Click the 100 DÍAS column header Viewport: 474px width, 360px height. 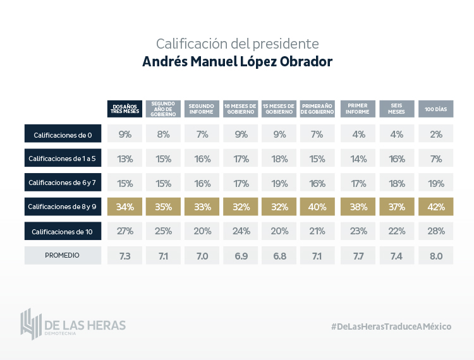tap(436, 109)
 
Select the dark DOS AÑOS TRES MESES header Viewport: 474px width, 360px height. tap(125, 109)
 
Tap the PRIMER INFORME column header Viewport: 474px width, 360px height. tap(358, 109)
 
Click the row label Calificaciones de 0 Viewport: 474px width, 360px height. tap(63, 135)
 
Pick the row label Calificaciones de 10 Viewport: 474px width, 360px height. tap(63, 232)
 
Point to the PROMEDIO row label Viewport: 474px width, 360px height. tap(63, 256)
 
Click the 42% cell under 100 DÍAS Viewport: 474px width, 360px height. tap(436, 207)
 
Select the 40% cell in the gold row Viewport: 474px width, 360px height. tap(317, 207)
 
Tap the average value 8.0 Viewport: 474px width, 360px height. tap(436, 256)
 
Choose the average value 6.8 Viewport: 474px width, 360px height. tap(279, 256)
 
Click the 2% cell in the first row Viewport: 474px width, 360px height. tap(436, 135)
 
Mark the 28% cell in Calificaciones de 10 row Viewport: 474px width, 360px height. tap(436, 232)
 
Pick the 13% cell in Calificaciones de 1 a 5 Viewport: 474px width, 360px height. tap(125, 159)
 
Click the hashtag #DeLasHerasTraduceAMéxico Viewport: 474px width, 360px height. tap(391, 326)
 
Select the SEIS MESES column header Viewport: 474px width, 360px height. tap(398, 109)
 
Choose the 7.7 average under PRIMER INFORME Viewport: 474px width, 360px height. tap(358, 256)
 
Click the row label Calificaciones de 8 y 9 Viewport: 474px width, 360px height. tap(63, 207)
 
